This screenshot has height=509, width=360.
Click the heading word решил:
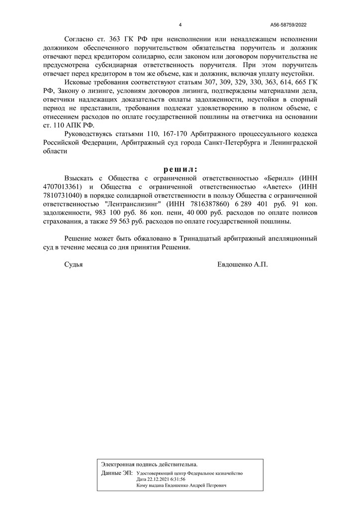pyautogui.click(x=180, y=169)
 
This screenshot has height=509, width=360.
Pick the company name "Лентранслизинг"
pyautogui.click(x=135, y=204)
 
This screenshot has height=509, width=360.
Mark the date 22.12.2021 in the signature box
pyautogui.click(x=156, y=479)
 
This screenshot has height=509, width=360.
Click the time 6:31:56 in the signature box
pyautogui.click(x=177, y=479)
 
